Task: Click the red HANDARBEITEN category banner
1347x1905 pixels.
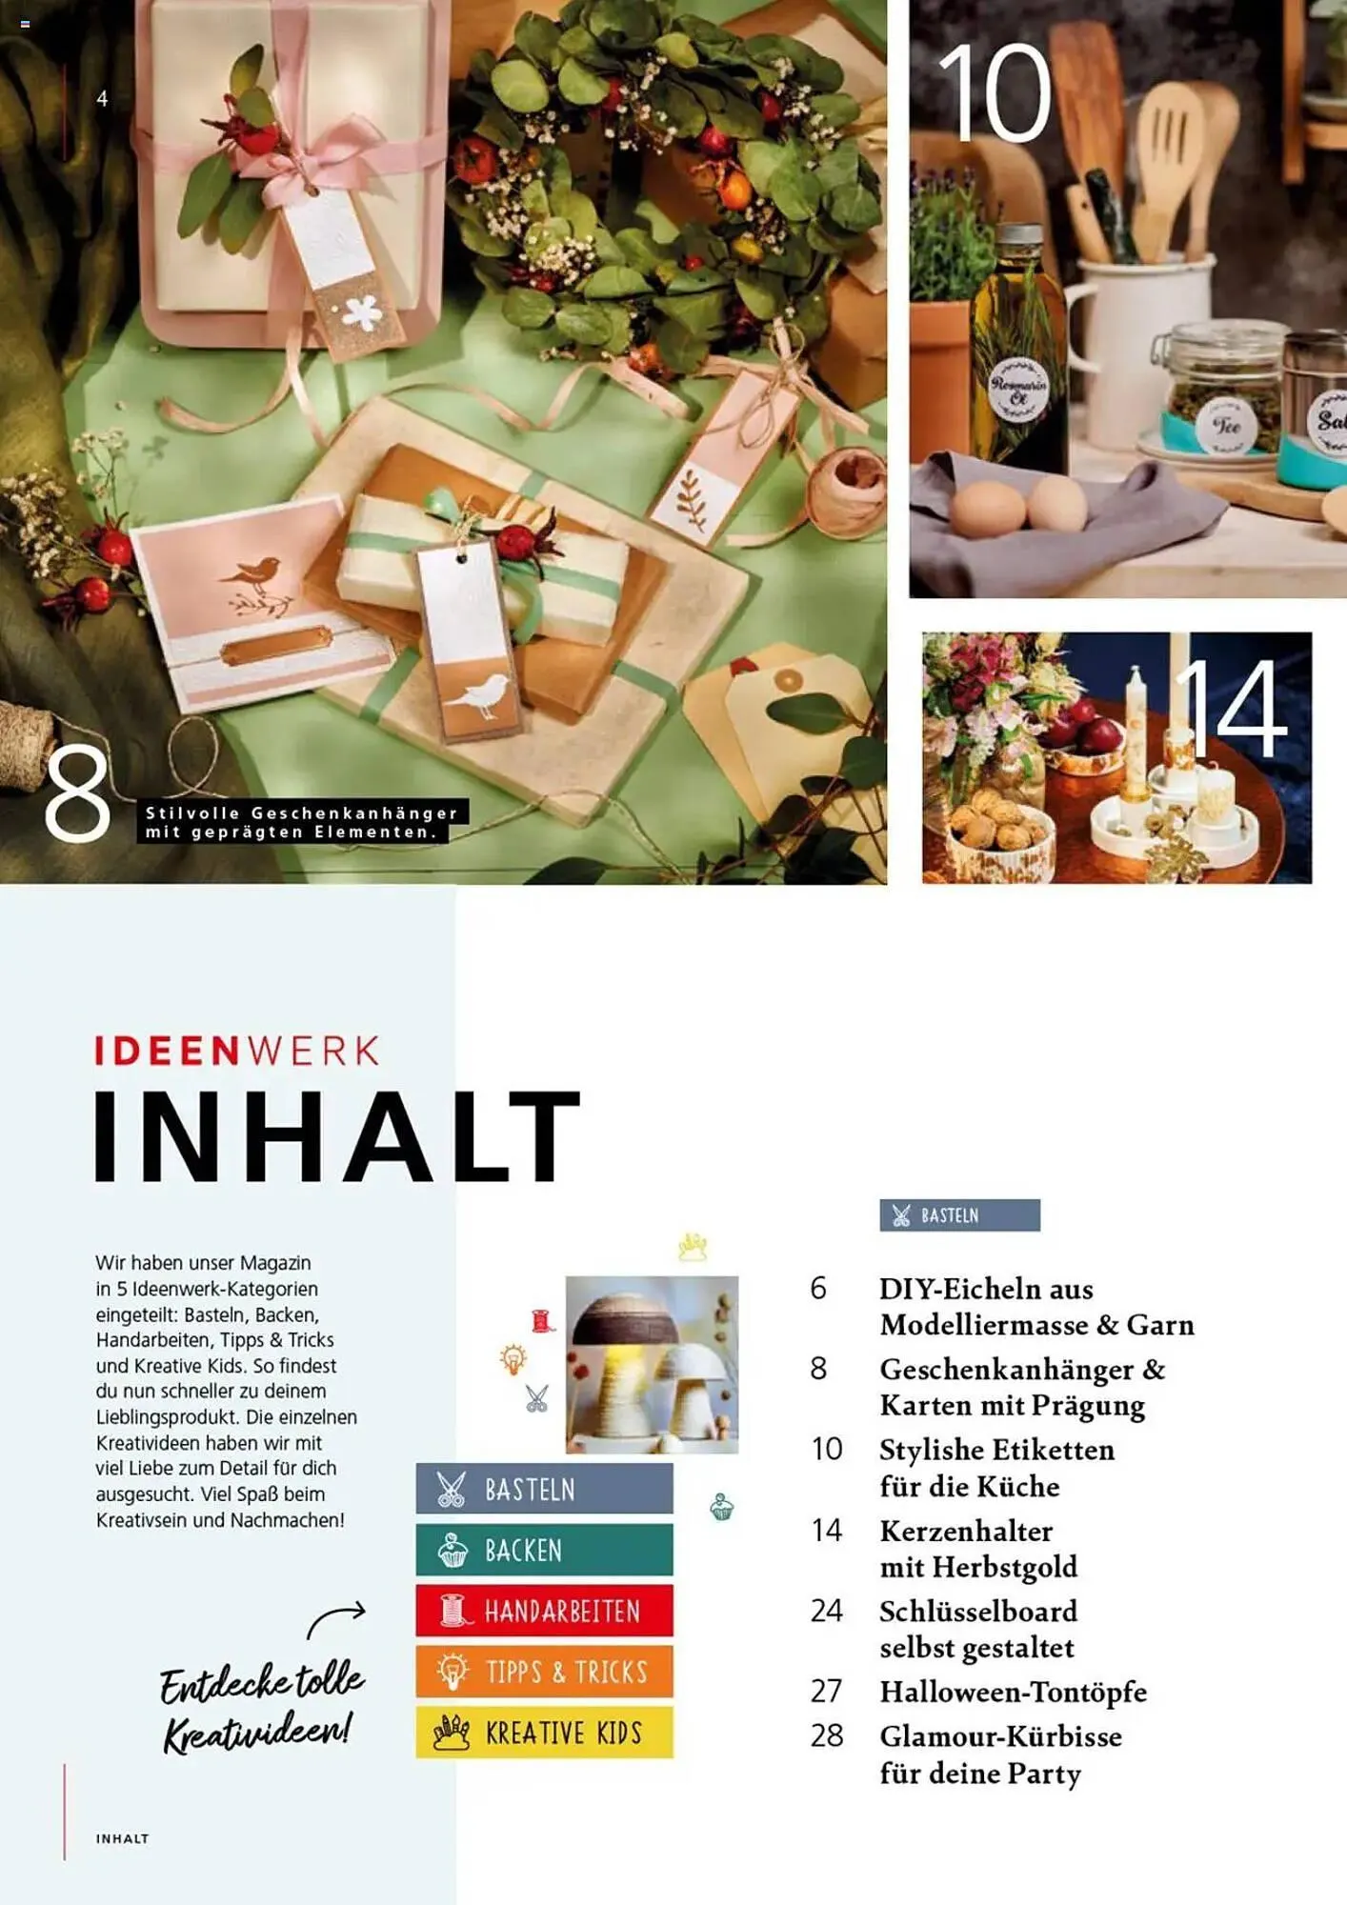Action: coord(544,1611)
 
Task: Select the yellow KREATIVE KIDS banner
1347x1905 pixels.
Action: coord(544,1733)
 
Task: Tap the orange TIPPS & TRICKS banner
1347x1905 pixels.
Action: coord(544,1672)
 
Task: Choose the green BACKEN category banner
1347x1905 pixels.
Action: coord(544,1550)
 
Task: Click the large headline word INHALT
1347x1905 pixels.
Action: coord(336,1136)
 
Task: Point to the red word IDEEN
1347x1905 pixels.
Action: coord(167,1051)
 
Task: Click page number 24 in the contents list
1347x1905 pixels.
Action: coord(826,1611)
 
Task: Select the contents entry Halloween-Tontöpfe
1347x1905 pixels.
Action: coord(1013,1692)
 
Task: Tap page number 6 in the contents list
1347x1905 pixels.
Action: coord(818,1289)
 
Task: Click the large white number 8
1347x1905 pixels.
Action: coord(77,793)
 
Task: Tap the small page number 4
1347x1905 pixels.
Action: coord(102,98)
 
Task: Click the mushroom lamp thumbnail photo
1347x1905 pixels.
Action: coord(652,1364)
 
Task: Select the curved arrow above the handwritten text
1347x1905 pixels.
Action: coord(335,1616)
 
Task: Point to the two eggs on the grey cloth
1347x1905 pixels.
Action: coord(1017,504)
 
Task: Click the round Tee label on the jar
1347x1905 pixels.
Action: coord(1227,425)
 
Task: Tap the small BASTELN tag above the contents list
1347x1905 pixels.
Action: coord(959,1215)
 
